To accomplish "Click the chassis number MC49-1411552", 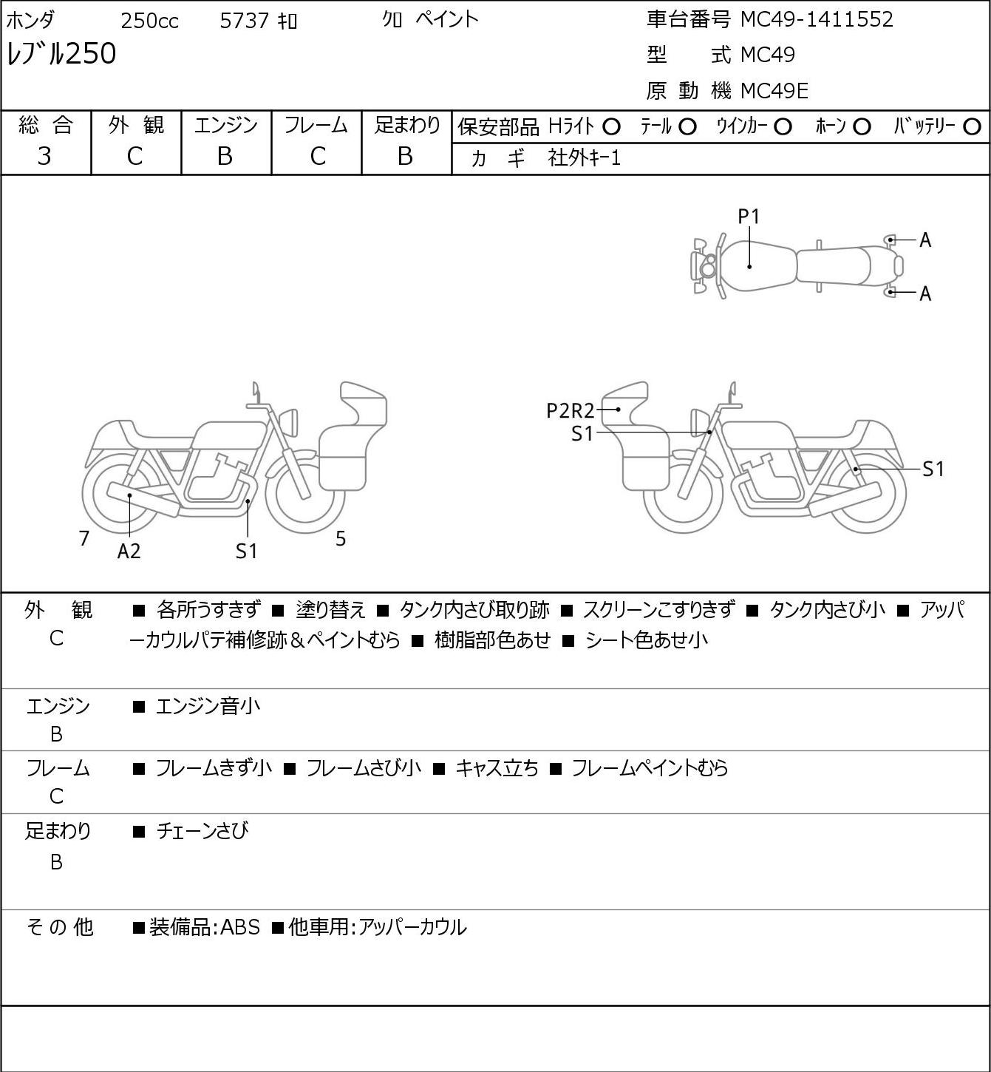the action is (817, 20).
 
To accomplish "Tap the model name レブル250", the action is (61, 53).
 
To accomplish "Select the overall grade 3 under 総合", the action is (44, 156).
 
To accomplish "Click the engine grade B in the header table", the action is (225, 156).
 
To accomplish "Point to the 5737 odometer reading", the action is (244, 21).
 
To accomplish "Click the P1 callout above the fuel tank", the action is (749, 217).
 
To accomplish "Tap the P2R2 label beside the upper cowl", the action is (570, 411).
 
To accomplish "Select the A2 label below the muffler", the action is (129, 551).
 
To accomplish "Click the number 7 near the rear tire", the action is (84, 538).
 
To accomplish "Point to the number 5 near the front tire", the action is (341, 538).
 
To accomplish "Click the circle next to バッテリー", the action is (972, 127).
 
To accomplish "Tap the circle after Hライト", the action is (611, 127).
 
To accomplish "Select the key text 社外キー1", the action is (585, 158).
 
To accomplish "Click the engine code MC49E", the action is (774, 91).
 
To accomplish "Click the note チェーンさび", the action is (202, 830).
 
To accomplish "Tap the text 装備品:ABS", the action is (205, 927).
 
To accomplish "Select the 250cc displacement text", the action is (149, 21).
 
